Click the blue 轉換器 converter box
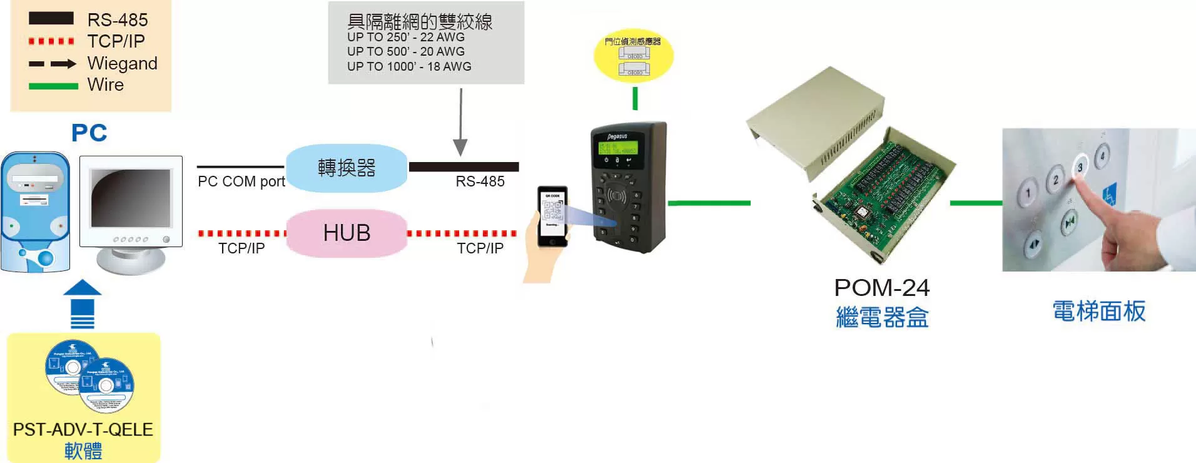click(347, 168)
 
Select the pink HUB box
click(347, 233)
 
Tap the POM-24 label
click(881, 288)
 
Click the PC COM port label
click(241, 181)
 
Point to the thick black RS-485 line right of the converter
click(464, 166)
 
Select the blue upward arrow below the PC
click(83, 303)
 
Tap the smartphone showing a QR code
click(553, 215)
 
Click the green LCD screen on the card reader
click(618, 148)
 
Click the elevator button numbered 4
click(1102, 156)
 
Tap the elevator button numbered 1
click(1027, 193)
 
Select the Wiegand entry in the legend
click(122, 63)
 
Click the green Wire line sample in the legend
click(53, 86)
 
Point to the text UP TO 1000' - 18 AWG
click(409, 66)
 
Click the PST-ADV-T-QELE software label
click(83, 430)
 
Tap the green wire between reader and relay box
click(709, 203)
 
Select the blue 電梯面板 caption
click(1098, 311)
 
